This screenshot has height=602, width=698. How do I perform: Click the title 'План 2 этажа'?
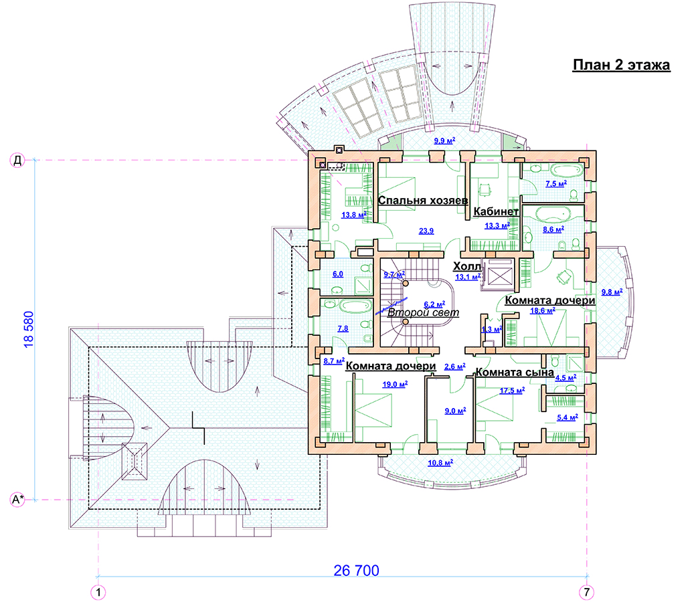click(621, 65)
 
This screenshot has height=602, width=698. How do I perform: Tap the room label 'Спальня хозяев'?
click(422, 200)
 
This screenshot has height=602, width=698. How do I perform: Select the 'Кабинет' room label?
click(496, 211)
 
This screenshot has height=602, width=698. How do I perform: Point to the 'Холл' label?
click(467, 266)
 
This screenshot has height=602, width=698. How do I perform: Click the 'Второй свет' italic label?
click(423, 312)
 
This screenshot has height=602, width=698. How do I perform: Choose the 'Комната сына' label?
click(515, 372)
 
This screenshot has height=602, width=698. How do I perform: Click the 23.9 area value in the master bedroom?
click(426, 231)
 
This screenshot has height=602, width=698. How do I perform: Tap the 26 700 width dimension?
click(356, 571)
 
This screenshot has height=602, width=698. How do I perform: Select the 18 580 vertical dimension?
click(28, 329)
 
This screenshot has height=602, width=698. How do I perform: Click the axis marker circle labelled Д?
click(17, 160)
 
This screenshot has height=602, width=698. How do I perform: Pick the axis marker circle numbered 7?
click(586, 592)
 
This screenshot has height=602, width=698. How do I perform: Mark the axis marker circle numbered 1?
click(98, 592)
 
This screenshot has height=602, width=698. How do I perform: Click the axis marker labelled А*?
click(17, 499)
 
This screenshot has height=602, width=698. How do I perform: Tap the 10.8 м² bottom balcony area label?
click(440, 463)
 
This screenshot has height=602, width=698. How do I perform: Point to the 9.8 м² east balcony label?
click(612, 292)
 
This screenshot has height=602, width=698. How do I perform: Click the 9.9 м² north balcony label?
click(444, 140)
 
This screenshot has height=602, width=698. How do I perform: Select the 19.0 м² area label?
click(395, 384)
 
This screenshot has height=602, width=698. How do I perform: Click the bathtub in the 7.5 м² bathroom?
click(567, 170)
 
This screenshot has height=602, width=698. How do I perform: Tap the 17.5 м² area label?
click(512, 390)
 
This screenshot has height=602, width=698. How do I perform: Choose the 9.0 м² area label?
click(455, 411)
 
